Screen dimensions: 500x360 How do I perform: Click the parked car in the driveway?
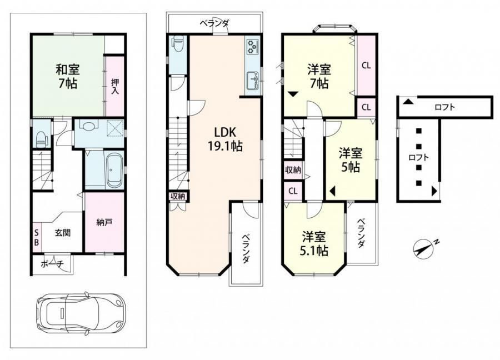[x=80, y=313]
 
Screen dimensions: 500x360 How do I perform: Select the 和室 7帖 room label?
[x=68, y=77]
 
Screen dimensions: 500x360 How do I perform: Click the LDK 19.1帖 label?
[x=225, y=139]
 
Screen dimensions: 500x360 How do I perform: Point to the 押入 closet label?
[x=115, y=87]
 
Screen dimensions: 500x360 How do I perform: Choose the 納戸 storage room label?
[x=104, y=222]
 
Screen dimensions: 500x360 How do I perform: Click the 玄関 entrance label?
[x=62, y=233]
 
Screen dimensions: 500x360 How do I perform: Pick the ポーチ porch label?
[x=52, y=264]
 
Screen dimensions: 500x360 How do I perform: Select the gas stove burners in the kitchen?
[x=253, y=46]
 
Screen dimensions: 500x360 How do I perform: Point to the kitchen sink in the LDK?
[x=253, y=81]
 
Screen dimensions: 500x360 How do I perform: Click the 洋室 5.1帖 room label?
[x=314, y=244]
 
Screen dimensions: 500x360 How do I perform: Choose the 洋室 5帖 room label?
[x=351, y=161]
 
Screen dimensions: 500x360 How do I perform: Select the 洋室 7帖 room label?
[x=319, y=77]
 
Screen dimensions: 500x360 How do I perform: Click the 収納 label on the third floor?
[x=293, y=170]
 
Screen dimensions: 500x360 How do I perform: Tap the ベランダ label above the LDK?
[x=214, y=23]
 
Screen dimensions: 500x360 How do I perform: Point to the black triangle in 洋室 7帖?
[x=293, y=94]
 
